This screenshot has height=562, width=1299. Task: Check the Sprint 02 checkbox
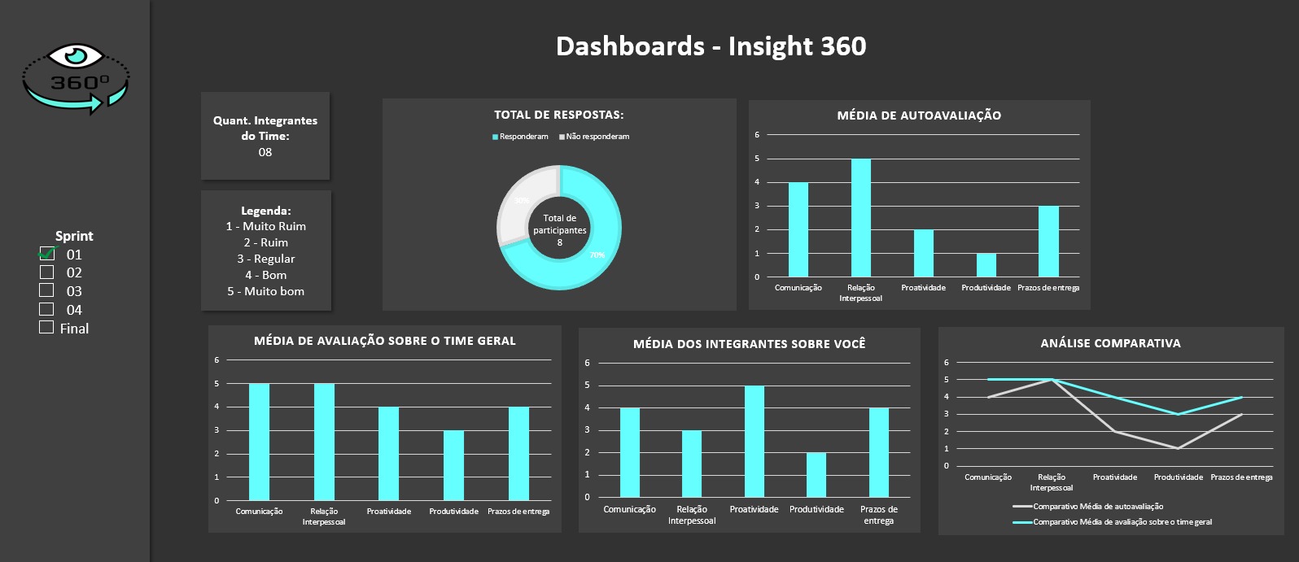46,272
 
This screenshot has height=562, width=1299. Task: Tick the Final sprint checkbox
46,328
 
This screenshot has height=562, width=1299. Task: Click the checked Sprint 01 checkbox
46,254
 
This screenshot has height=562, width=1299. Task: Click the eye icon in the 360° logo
75,56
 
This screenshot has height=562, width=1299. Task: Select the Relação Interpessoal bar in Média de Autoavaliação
860,218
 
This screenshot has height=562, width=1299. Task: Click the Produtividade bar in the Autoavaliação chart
986,265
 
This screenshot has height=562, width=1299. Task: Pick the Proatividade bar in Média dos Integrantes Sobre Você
754,442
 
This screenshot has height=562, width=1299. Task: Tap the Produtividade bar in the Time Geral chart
453,465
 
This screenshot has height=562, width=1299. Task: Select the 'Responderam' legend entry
521,137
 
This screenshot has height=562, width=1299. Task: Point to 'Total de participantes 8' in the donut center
559,230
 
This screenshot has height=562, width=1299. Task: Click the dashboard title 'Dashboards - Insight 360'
711,46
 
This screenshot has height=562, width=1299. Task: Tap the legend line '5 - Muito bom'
265,291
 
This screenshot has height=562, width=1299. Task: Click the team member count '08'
265,152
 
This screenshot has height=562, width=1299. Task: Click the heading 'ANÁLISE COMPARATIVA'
1110,343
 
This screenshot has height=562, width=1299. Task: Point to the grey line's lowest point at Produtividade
1178,448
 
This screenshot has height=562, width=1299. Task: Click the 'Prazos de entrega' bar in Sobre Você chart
879,452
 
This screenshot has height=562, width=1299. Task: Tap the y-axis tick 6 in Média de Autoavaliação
757,135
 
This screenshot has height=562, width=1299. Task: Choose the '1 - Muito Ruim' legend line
265,226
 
